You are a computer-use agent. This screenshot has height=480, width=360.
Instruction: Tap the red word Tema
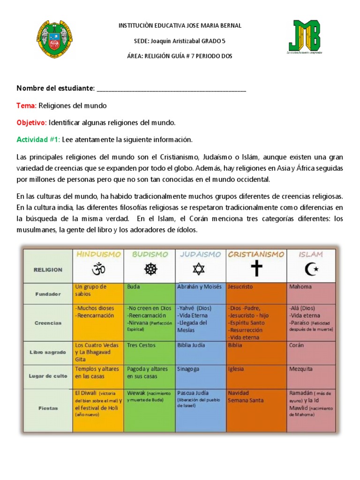(x=26, y=105)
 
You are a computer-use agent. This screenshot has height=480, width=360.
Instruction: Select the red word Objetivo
(x=31, y=122)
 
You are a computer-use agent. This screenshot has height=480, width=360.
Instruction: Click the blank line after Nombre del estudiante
(x=171, y=89)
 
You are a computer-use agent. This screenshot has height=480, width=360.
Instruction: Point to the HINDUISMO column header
(x=98, y=254)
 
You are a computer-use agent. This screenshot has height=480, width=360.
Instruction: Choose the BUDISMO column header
(x=150, y=254)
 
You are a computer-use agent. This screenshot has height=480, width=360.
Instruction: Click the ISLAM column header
(x=311, y=254)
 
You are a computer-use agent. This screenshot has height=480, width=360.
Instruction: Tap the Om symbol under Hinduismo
(x=98, y=270)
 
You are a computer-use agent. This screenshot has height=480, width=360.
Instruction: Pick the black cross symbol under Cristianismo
(x=256, y=270)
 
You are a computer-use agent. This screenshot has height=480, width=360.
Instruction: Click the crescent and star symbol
(x=311, y=270)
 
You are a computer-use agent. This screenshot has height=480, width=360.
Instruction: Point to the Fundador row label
(x=48, y=294)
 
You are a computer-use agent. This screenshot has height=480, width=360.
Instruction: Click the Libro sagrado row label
(x=47, y=352)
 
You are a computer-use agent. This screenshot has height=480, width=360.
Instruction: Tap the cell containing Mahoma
(x=311, y=293)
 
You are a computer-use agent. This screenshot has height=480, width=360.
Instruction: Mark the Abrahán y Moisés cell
(x=201, y=293)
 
